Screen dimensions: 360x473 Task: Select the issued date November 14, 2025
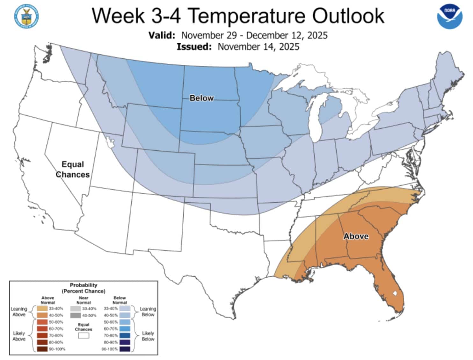tap(258, 47)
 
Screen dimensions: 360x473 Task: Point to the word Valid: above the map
tap(162, 35)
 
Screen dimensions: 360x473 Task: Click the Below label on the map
tap(201, 98)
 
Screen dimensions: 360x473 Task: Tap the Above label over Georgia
tap(356, 236)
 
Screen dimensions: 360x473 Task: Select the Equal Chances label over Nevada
tap(73, 169)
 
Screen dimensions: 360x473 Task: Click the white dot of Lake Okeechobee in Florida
tap(395, 292)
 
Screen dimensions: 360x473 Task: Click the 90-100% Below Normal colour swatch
tap(125, 349)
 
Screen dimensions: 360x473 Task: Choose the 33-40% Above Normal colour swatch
tap(42, 308)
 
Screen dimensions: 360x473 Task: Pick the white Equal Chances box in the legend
tap(84, 335)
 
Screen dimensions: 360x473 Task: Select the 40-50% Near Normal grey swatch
tap(76, 315)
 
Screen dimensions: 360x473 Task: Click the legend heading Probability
tap(84, 285)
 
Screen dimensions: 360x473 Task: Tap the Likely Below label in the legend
tap(148, 336)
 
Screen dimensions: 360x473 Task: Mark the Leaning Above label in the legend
tap(19, 312)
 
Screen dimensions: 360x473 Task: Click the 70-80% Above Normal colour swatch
tap(42, 335)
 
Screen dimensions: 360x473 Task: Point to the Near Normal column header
tap(84, 300)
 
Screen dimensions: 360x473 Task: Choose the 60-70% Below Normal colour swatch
tap(125, 328)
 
